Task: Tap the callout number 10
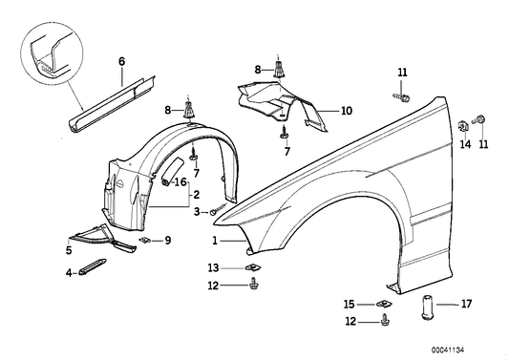[346, 111]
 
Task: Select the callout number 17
[467, 305]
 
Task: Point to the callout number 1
[216, 240]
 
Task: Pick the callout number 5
[68, 251]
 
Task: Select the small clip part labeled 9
[146, 241]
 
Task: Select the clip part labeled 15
[385, 305]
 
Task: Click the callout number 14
[465, 145]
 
